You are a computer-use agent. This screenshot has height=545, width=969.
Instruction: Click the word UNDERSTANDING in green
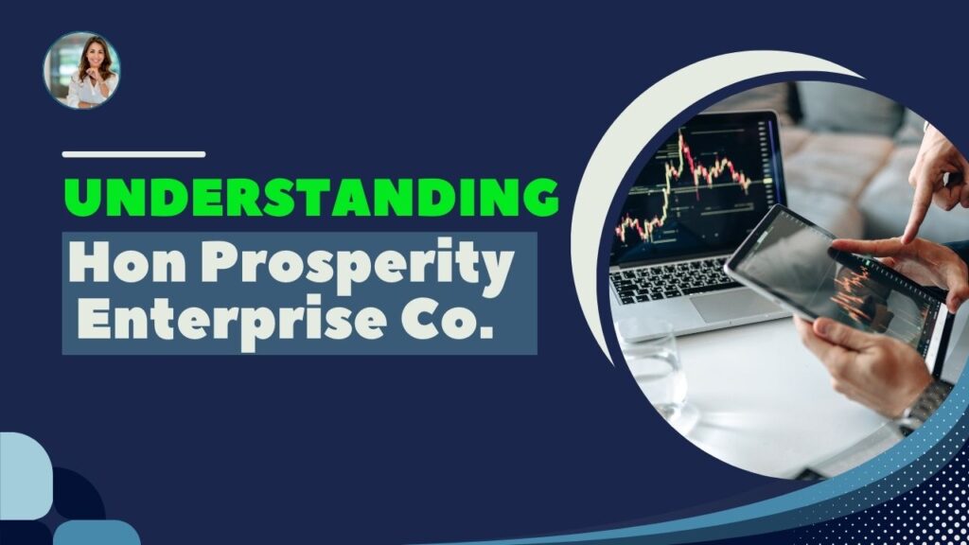[x=311, y=197]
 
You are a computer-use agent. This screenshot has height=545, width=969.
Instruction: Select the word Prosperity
[x=358, y=266]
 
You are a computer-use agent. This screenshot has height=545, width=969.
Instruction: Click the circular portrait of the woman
[x=82, y=70]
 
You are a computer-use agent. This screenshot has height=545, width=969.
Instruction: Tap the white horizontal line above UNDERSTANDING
[x=134, y=154]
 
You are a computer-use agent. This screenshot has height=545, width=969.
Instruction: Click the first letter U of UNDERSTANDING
[x=83, y=197]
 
